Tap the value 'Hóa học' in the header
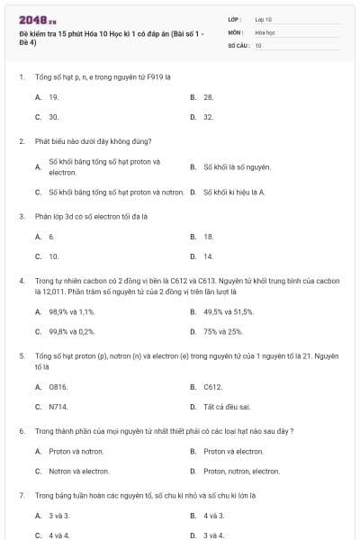(x=264, y=31)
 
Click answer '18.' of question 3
(x=209, y=237)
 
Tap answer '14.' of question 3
(x=209, y=256)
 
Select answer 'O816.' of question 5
(x=58, y=387)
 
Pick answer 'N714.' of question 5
(x=58, y=407)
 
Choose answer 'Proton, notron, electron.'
(x=241, y=471)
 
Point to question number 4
(x=22, y=281)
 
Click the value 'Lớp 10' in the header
(x=263, y=19)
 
